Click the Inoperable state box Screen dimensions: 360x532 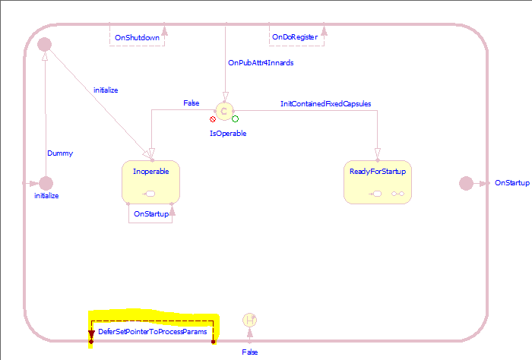pos(150,182)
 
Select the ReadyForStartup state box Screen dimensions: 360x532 pos(378,182)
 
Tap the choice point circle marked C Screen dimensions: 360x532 pos(224,111)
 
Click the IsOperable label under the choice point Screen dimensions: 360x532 pos(228,133)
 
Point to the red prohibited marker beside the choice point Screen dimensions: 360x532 pos(213,119)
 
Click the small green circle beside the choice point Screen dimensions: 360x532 pos(236,118)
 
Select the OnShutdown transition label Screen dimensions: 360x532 pos(137,37)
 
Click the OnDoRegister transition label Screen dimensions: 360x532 pos(293,37)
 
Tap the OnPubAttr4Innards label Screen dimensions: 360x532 pos(261,63)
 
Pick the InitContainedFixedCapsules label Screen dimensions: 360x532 pos(325,103)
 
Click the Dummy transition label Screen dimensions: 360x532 pos(60,153)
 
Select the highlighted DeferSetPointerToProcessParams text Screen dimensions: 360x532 pos(151,331)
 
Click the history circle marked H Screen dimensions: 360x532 pos(249,321)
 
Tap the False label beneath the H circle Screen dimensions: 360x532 pos(250,352)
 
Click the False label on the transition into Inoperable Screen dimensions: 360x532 pos(192,103)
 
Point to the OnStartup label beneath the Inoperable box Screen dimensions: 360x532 pos(150,214)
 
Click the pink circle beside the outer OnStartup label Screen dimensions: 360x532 pos(466,183)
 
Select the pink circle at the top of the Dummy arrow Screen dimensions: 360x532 pos(45,46)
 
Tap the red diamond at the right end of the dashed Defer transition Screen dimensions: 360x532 pos(214,342)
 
